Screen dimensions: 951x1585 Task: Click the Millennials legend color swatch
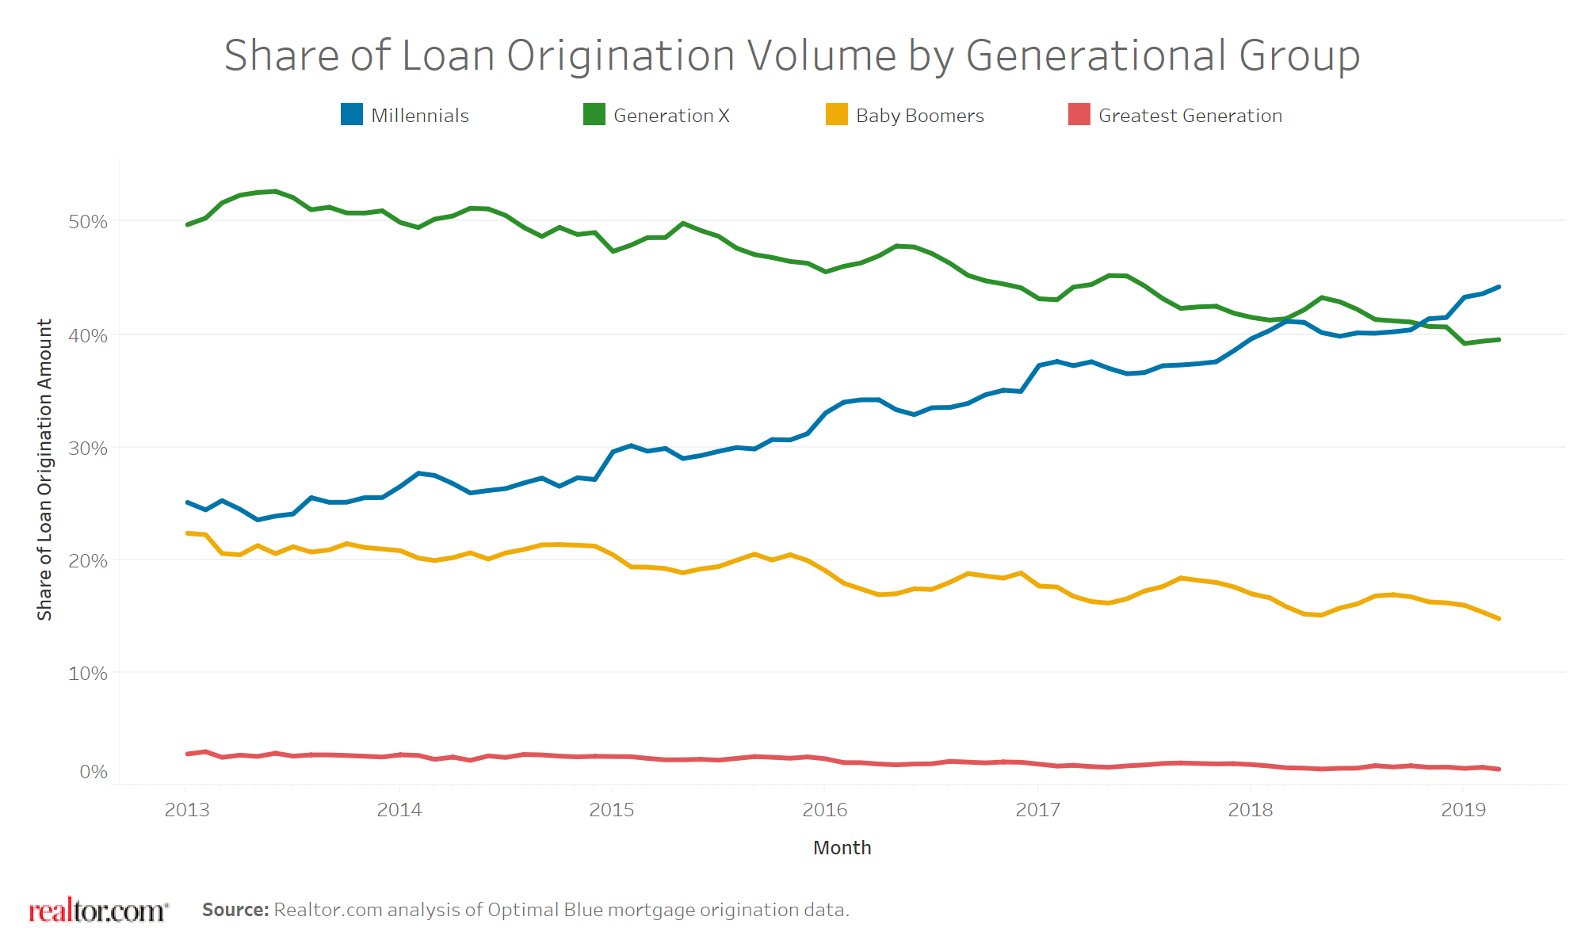click(351, 115)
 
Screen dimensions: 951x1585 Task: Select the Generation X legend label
click(670, 116)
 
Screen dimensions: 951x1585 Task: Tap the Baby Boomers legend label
click(919, 116)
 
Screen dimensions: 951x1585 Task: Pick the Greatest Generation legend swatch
click(1079, 115)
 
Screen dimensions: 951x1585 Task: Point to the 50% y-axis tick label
click(88, 222)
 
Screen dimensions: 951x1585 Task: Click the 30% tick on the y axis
click(88, 449)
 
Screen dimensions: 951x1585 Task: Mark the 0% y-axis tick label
click(94, 772)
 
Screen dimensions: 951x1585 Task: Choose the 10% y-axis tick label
click(88, 674)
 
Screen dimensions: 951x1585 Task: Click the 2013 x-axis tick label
click(187, 810)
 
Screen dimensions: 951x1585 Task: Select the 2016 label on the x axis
click(825, 810)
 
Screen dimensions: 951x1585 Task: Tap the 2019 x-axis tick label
click(1463, 810)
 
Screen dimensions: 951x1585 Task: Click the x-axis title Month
click(842, 848)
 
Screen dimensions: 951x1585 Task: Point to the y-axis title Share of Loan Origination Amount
click(44, 469)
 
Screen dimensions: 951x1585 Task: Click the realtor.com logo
click(98, 911)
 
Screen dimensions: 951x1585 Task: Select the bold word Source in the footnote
click(235, 910)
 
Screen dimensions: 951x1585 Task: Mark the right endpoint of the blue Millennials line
click(1499, 287)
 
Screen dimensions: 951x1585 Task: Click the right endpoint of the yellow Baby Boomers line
click(1499, 618)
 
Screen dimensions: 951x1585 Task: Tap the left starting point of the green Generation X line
click(187, 225)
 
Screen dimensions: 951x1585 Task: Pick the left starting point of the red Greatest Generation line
click(187, 754)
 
